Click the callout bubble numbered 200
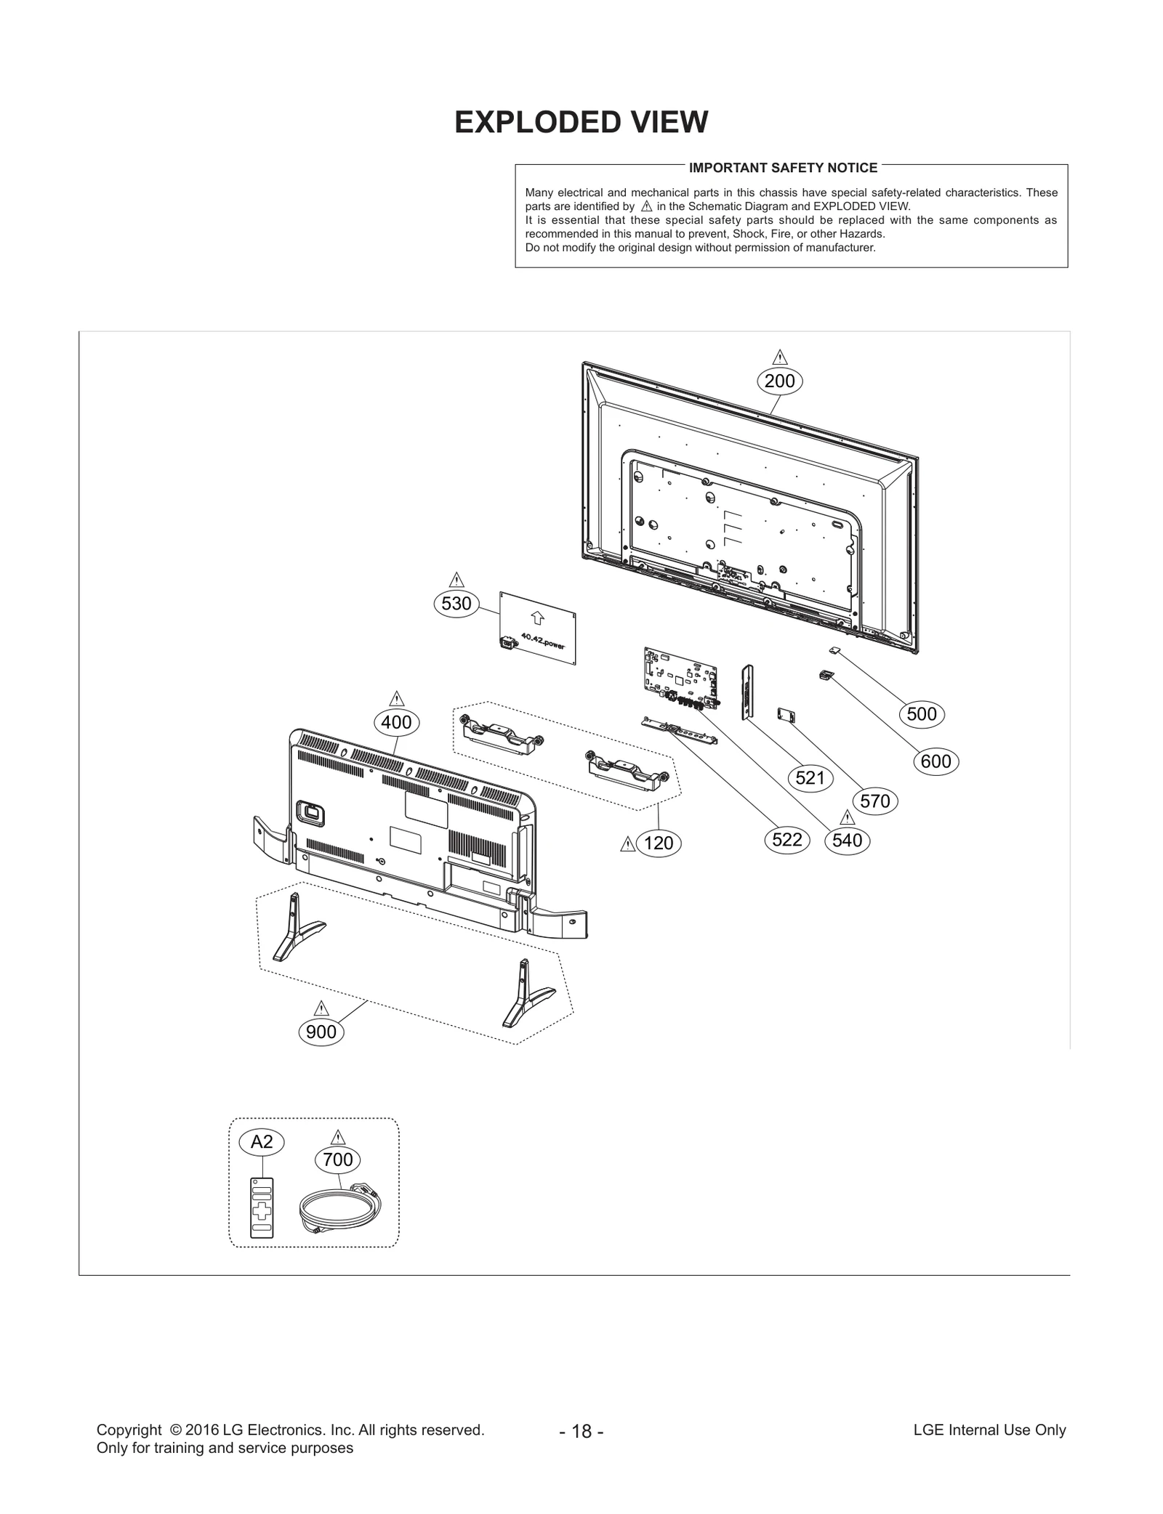pyautogui.click(x=779, y=381)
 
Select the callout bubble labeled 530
pyautogui.click(x=456, y=603)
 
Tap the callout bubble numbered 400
pyautogui.click(x=396, y=722)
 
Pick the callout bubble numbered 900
pyautogui.click(x=321, y=1032)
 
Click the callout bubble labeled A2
pyautogui.click(x=262, y=1142)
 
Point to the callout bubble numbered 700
pyautogui.click(x=338, y=1159)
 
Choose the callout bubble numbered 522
pyautogui.click(x=786, y=840)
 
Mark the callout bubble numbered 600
pyautogui.click(x=935, y=761)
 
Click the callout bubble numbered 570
pyautogui.click(x=874, y=801)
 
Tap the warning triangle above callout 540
pyautogui.click(x=847, y=817)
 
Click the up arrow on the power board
pyautogui.click(x=537, y=618)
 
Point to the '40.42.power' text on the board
pyautogui.click(x=542, y=642)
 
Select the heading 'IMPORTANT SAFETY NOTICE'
pyautogui.click(x=783, y=168)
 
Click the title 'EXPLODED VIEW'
pyautogui.click(x=581, y=122)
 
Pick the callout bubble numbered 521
pyautogui.click(x=810, y=778)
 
